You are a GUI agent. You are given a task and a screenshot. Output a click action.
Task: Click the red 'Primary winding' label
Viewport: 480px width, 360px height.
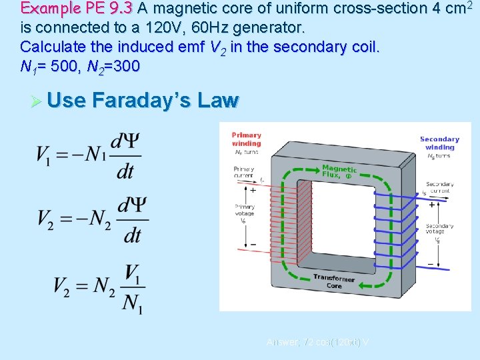[x=246, y=139]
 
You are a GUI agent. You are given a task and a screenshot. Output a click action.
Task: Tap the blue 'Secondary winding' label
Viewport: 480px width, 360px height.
[x=439, y=143]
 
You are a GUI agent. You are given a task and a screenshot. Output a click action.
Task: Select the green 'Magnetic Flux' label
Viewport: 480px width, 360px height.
[x=339, y=171]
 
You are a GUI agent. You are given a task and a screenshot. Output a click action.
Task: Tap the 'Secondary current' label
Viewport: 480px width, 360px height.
[x=440, y=187]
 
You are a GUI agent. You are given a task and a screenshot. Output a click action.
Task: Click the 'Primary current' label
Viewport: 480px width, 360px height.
[x=243, y=173]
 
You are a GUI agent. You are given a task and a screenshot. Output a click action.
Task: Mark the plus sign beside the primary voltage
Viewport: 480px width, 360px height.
[x=253, y=191]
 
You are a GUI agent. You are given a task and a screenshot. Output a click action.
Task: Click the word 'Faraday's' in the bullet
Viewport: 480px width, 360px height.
[x=147, y=100]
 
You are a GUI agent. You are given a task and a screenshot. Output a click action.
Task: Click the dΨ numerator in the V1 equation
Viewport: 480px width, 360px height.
[x=125, y=141]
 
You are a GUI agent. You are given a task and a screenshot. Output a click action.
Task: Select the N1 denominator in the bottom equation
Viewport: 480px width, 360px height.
[x=132, y=303]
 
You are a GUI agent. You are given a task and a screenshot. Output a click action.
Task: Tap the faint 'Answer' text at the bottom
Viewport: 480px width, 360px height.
[x=282, y=342]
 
